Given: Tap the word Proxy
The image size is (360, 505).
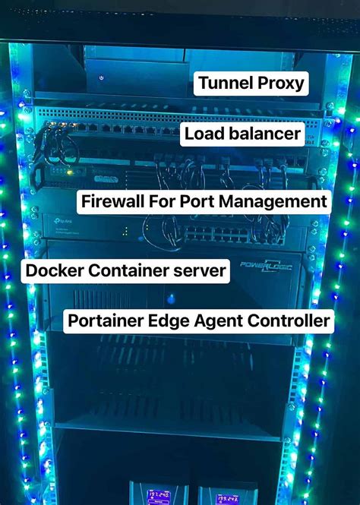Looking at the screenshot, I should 279,83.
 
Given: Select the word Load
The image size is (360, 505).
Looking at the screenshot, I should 205,135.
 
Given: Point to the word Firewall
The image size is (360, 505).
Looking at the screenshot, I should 116,202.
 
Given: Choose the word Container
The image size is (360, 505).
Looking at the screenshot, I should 130,270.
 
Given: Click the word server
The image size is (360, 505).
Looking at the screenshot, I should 200,270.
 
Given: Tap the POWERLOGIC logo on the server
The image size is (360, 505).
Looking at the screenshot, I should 267,266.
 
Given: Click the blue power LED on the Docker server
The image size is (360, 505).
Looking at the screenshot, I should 171,298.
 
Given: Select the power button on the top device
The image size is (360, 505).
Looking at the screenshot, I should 101,77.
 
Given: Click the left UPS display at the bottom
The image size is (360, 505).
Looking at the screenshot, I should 157,494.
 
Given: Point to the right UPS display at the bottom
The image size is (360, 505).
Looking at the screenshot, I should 227,497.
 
